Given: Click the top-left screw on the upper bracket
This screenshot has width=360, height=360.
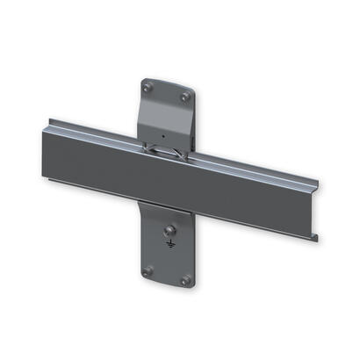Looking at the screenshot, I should tap(148, 87).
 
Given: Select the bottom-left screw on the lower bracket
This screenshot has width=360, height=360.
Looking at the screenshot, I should tap(148, 270).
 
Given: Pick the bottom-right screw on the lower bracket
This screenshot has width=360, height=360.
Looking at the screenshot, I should tap(185, 280).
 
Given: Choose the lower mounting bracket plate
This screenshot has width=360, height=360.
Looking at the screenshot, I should tap(167, 255).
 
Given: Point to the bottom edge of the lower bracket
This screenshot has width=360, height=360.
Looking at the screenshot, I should tap(166, 286).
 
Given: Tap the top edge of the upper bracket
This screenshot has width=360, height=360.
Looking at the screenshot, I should tap(167, 81).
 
